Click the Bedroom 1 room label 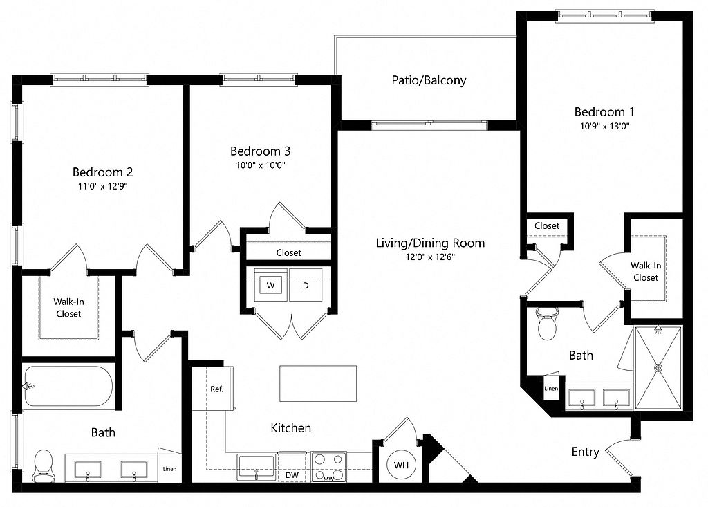click(x=604, y=111)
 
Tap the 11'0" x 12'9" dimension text click(x=103, y=186)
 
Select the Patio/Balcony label click(x=429, y=80)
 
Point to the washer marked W click(x=271, y=285)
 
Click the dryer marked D click(x=306, y=285)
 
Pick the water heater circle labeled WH click(x=402, y=465)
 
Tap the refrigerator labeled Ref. click(x=213, y=389)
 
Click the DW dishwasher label click(x=292, y=475)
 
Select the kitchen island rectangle click(x=318, y=384)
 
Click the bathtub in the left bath click(x=68, y=387)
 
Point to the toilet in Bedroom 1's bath click(x=548, y=324)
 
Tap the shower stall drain click(x=659, y=368)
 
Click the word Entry click(x=585, y=452)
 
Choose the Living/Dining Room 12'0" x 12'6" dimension click(x=430, y=257)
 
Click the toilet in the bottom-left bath click(x=44, y=465)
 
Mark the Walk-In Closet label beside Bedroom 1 click(x=646, y=272)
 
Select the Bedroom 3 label click(x=260, y=151)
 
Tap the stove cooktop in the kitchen click(x=328, y=467)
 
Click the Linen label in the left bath click(x=170, y=469)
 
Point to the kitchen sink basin click(x=256, y=467)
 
